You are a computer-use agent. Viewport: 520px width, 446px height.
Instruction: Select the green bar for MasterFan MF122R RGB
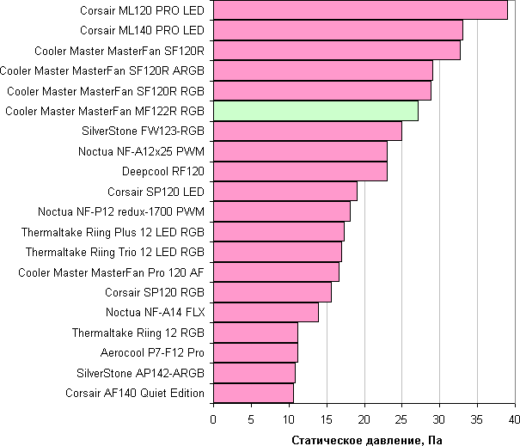[315, 111]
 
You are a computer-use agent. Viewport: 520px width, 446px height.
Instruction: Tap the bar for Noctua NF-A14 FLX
[266, 312]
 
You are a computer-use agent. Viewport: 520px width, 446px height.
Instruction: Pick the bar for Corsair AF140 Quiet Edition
[254, 393]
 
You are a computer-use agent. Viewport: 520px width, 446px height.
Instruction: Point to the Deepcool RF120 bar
[300, 171]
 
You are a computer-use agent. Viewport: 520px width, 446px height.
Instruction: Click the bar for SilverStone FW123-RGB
[308, 131]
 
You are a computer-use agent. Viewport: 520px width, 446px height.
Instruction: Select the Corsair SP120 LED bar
[285, 191]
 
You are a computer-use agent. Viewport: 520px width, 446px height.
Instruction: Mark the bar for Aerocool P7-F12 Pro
[255, 352]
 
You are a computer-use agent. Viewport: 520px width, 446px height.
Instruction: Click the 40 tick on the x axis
[514, 419]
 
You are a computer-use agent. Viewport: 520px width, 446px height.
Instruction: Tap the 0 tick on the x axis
[213, 419]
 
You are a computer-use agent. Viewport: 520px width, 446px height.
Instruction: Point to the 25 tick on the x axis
[401, 419]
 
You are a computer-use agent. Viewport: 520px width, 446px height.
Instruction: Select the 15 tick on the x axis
[326, 419]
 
